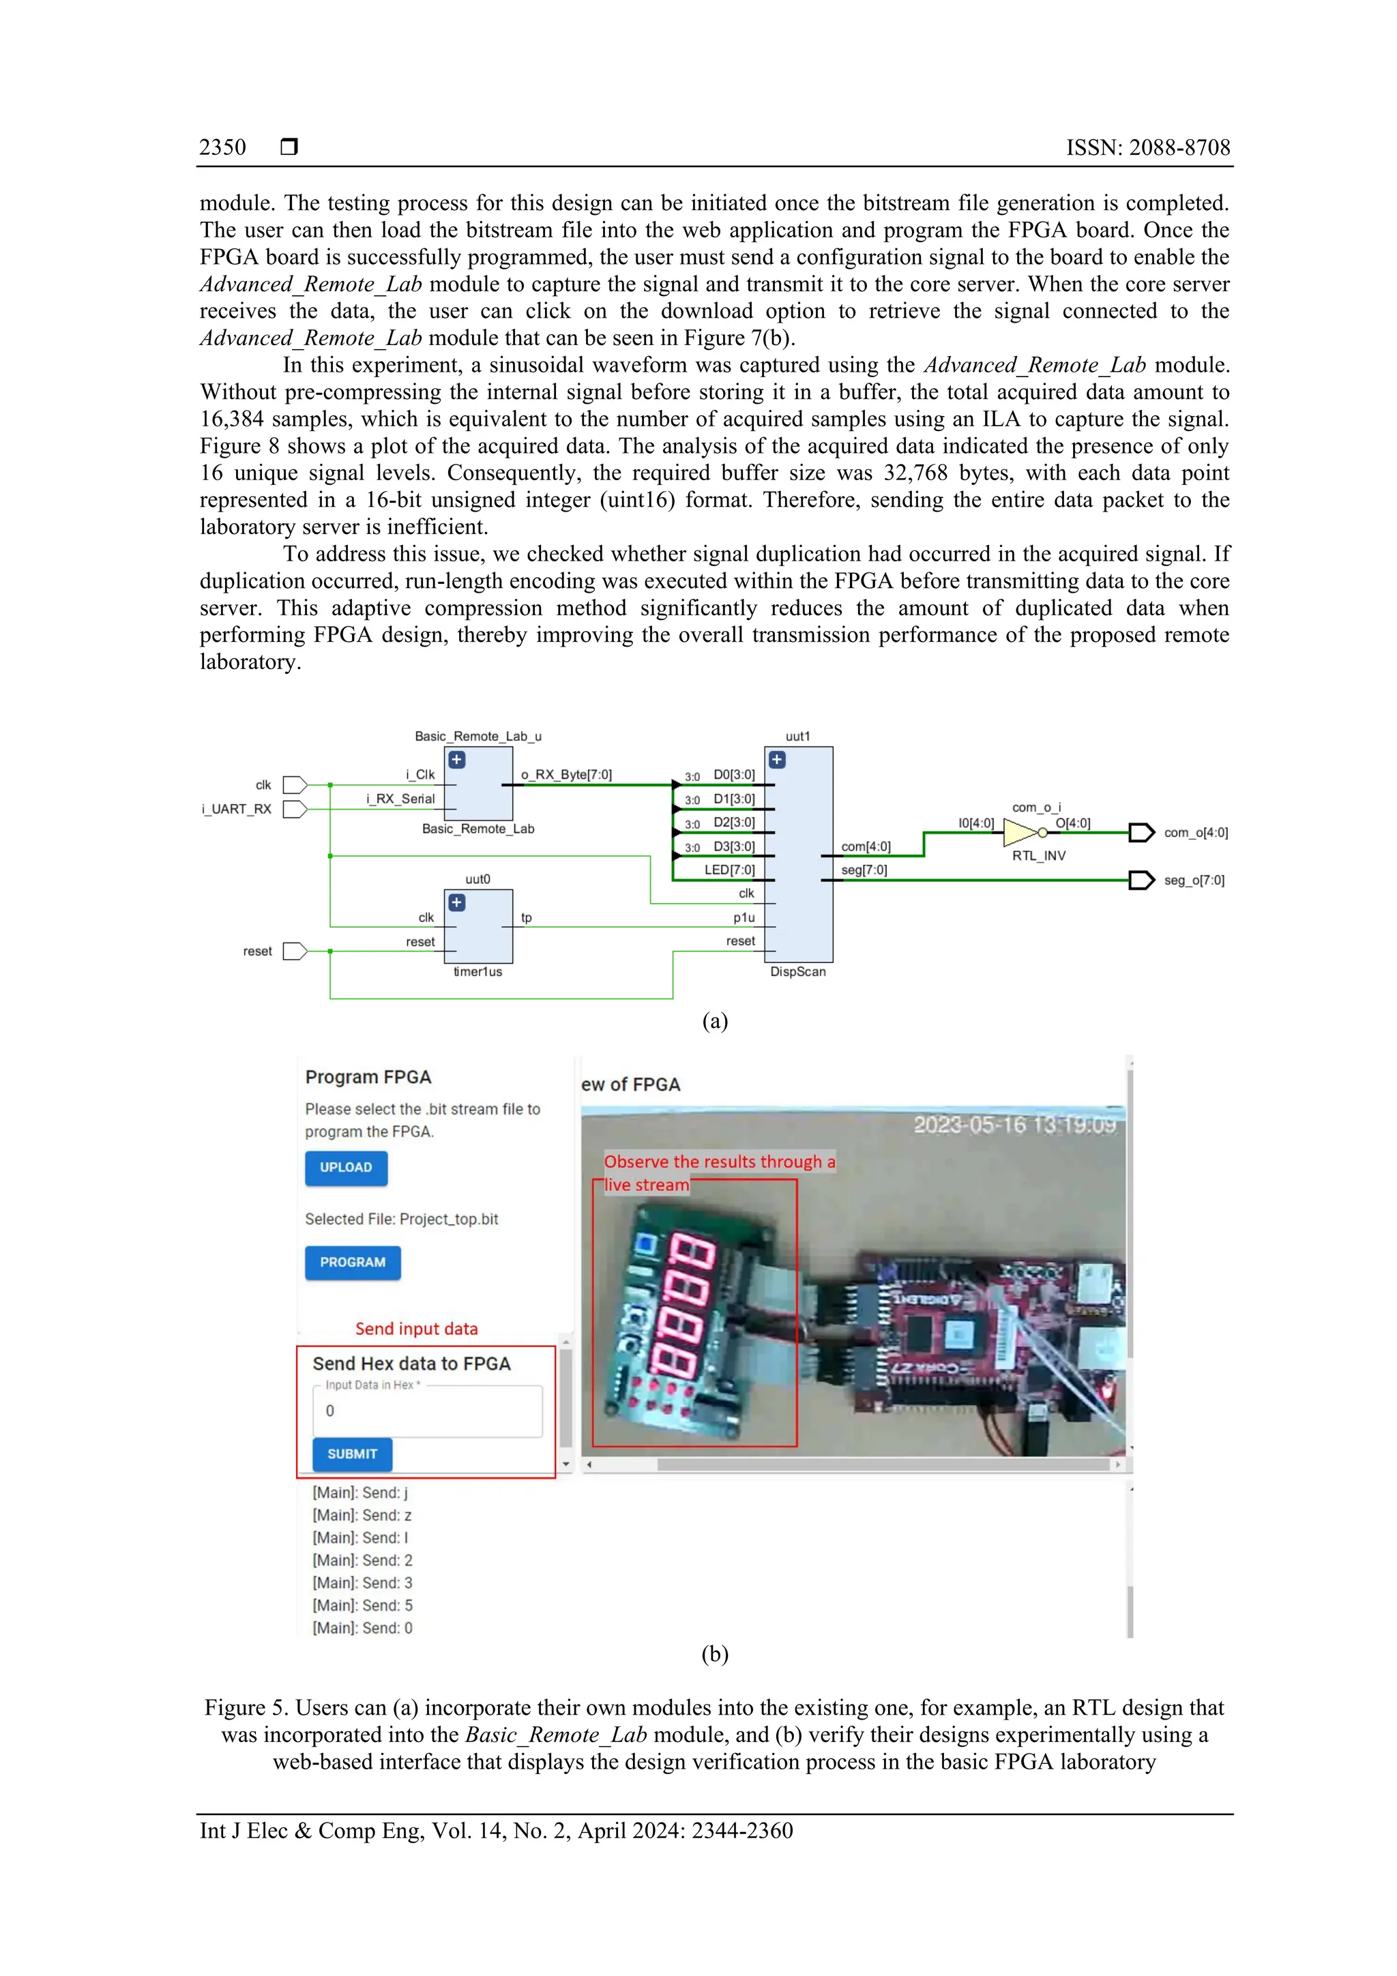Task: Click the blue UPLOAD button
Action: tap(346, 1168)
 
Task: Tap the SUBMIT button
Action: tap(352, 1454)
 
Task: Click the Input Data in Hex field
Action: tap(427, 1411)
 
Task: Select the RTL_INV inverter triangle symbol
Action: tap(1022, 832)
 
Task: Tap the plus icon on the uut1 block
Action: tap(776, 760)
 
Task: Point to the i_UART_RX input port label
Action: tap(236, 809)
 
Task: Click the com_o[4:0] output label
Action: tap(1196, 832)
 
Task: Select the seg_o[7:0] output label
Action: tap(1194, 880)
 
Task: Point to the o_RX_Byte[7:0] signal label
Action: tap(566, 775)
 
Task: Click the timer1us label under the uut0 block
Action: tap(477, 972)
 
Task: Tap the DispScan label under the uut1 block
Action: tap(798, 972)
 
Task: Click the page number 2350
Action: tap(222, 147)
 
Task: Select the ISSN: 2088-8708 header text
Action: tap(1148, 147)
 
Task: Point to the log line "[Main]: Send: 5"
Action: tap(362, 1605)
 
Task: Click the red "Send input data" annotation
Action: tap(417, 1329)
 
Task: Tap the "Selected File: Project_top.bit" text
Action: tap(401, 1219)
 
